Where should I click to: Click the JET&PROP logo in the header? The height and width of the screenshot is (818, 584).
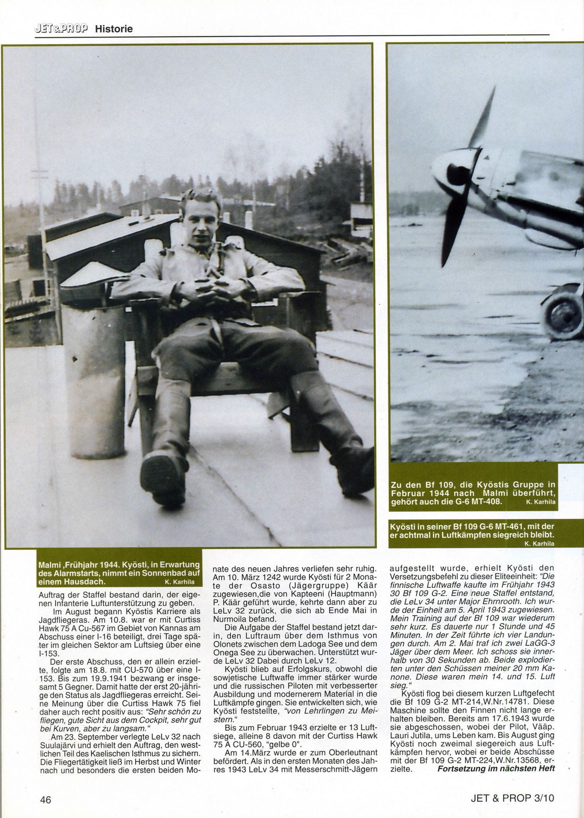(61, 28)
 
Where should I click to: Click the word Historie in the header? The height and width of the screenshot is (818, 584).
(114, 29)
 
